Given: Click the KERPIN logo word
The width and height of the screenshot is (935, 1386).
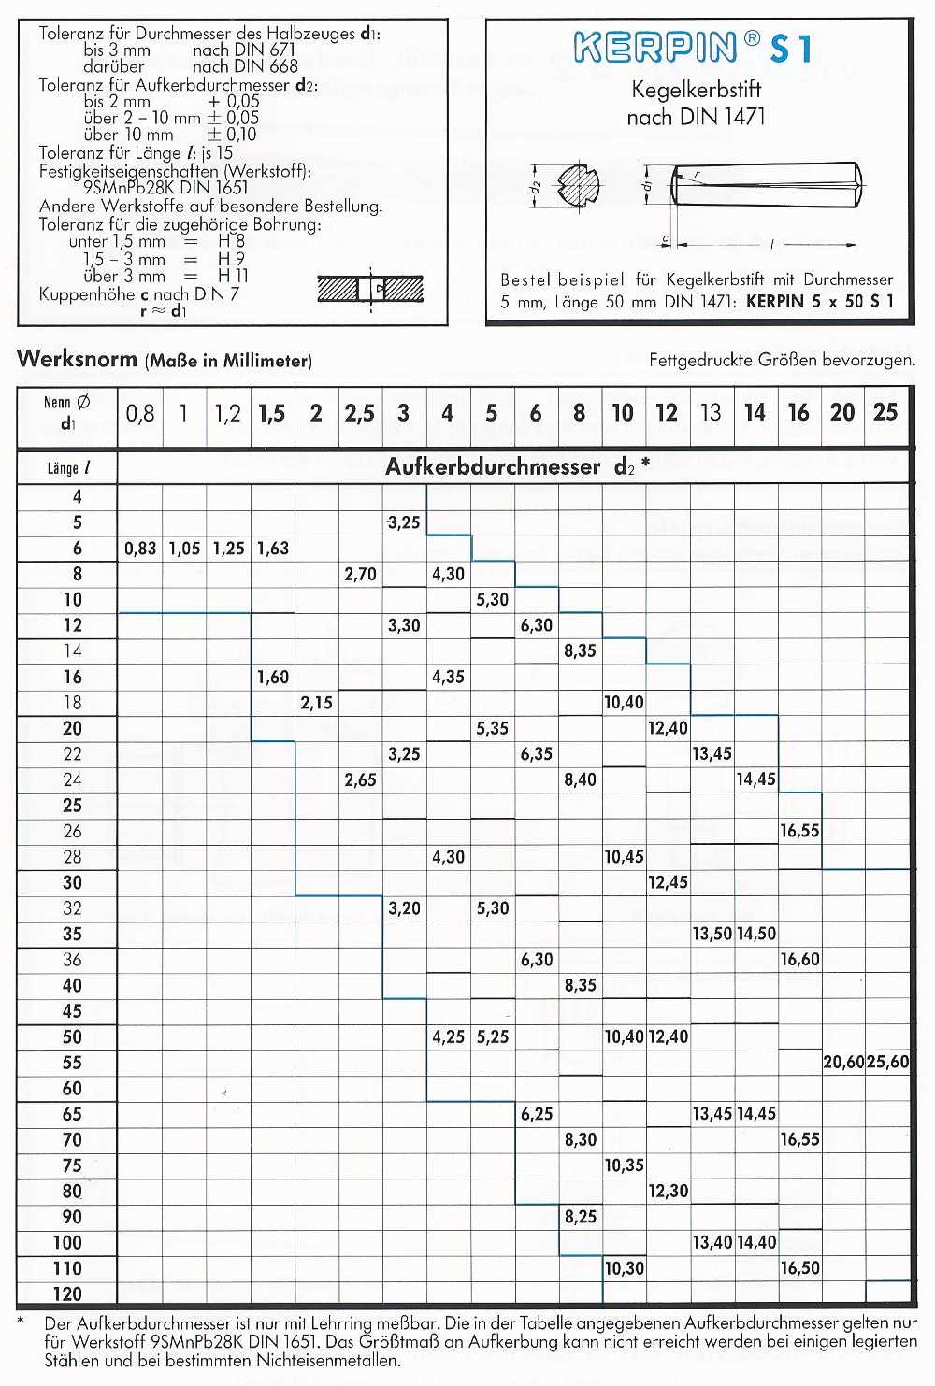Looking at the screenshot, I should [x=655, y=48].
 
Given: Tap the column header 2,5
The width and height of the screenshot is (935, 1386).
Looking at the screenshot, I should [x=359, y=413].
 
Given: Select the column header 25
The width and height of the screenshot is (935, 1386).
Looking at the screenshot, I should [x=885, y=412].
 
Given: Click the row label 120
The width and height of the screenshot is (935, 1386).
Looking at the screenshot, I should [x=67, y=1294].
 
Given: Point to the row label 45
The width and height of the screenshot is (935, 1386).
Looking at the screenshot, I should [x=71, y=1011].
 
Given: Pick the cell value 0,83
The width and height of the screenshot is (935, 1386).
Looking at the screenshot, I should [x=140, y=549].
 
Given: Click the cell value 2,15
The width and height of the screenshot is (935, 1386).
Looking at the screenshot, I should [x=316, y=703].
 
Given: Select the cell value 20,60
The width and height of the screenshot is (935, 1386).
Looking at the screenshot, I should [x=843, y=1063].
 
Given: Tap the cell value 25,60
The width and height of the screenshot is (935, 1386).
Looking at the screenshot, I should [x=887, y=1063].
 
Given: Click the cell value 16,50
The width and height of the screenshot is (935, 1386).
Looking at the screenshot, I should [x=799, y=1268].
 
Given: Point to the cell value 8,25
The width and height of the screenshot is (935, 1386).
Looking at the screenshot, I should [x=580, y=1217].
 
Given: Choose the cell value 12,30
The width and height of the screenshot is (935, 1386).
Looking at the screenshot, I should [x=668, y=1192].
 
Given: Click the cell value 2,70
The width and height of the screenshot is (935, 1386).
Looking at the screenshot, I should [x=360, y=574].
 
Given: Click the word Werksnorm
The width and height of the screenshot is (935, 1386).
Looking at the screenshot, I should [x=77, y=359].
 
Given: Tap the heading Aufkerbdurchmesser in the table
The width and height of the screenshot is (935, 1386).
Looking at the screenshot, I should [x=493, y=467].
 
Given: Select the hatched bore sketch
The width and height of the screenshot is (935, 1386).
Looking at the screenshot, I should [x=370, y=289].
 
